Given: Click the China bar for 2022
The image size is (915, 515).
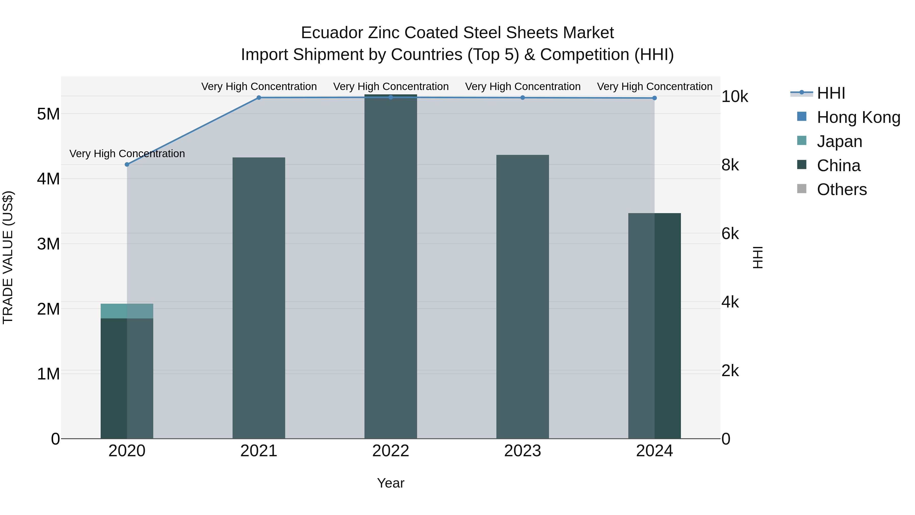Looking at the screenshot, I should (x=390, y=267).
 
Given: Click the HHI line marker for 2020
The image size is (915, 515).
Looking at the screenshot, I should (x=127, y=165).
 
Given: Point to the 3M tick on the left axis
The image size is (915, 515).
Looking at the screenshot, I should (x=48, y=244).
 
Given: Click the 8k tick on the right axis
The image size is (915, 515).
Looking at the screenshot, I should (x=730, y=165).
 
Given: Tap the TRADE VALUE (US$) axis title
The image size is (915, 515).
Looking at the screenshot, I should (x=8, y=257).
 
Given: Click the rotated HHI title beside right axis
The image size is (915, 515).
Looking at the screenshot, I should (x=758, y=257).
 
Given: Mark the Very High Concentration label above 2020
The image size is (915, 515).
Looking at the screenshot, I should (x=127, y=154).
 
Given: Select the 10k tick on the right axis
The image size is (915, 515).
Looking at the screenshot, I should (x=734, y=97).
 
